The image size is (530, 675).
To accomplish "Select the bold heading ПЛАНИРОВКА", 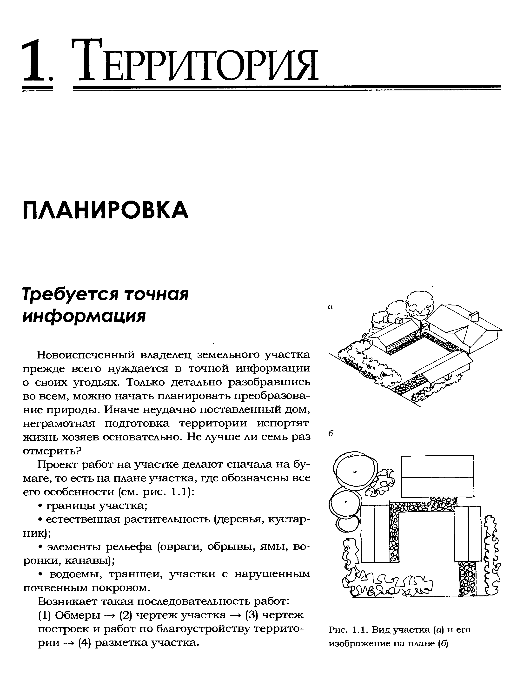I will [106, 210].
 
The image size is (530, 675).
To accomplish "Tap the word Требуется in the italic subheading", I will [70, 294].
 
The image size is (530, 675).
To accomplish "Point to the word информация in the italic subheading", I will [84, 316].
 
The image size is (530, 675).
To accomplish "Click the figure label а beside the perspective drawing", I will [331, 307].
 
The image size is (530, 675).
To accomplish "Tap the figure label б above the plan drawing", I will [331, 433].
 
